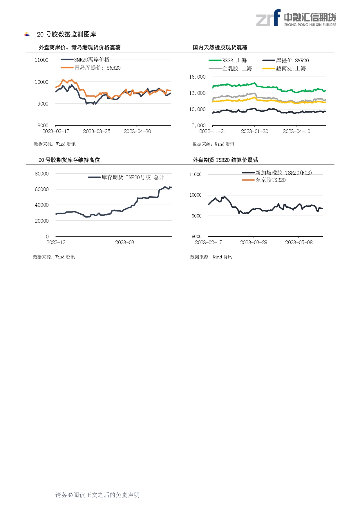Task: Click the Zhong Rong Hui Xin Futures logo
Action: (x=296, y=18)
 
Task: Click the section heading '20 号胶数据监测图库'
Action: (x=66, y=35)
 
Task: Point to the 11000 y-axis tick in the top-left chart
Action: (x=41, y=60)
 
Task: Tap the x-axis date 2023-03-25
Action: (x=97, y=131)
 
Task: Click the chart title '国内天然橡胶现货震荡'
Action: (x=220, y=47)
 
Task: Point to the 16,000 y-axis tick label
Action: (x=197, y=77)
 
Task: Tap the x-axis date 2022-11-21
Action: (x=213, y=131)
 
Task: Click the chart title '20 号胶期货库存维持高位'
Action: (x=69, y=160)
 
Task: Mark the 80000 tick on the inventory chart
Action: (x=42, y=174)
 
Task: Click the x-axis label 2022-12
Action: (x=56, y=242)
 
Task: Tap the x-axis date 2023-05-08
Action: (x=299, y=242)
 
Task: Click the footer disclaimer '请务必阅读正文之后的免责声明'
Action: (x=97, y=495)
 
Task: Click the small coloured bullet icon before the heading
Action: (x=27, y=35)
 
